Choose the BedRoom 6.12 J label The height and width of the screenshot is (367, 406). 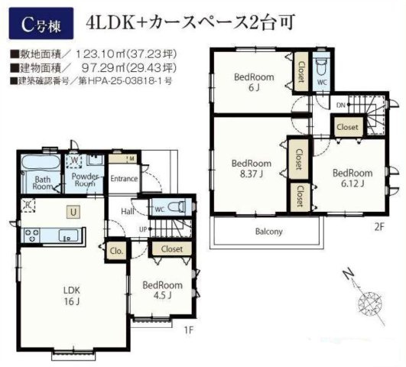click(352, 177)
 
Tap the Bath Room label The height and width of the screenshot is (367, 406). click(43, 182)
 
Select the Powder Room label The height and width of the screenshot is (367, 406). click(84, 180)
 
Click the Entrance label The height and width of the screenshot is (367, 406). click(124, 179)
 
